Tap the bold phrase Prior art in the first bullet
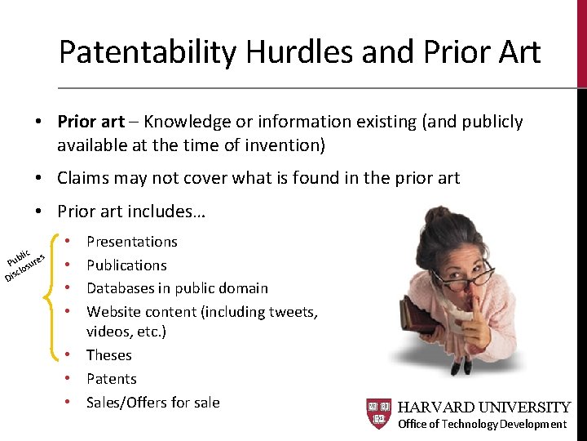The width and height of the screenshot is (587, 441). point(90,122)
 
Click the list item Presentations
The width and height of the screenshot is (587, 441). point(132,242)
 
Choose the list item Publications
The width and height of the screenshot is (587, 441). point(126,265)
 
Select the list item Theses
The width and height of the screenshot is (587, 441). point(109,355)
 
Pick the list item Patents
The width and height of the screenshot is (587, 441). point(112,379)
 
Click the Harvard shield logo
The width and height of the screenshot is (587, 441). point(378,414)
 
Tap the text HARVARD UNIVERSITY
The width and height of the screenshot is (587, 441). point(483,407)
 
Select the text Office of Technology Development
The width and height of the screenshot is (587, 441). point(482,424)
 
